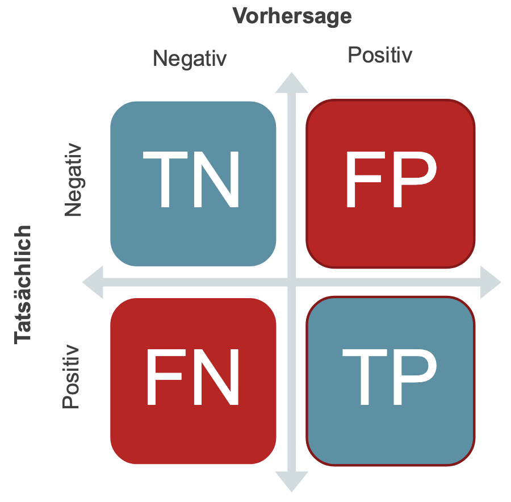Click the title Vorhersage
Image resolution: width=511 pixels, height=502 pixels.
click(x=292, y=16)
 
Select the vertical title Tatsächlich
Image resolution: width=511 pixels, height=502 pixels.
click(x=23, y=285)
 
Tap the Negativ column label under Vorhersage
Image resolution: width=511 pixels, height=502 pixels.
click(x=190, y=58)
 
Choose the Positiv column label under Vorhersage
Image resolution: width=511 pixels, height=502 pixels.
click(x=380, y=55)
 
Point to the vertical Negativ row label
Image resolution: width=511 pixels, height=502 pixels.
click(x=74, y=181)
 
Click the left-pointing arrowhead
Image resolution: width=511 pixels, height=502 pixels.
click(x=93, y=282)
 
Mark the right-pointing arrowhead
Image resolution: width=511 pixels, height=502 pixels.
click(x=490, y=282)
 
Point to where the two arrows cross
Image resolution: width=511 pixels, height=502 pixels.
click(x=292, y=282)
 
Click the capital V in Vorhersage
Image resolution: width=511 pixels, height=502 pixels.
click(x=241, y=16)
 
